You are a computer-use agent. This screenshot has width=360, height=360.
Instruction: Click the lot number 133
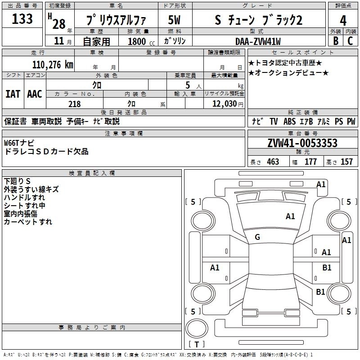click(22, 19)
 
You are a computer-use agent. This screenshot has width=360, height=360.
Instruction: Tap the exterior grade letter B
click(335, 41)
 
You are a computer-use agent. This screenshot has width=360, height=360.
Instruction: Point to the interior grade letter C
click(350, 41)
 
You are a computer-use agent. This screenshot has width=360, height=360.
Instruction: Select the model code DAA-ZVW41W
click(257, 41)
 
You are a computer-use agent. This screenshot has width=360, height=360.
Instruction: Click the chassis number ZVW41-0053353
click(302, 143)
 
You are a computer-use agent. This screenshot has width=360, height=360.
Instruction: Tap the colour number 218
click(74, 104)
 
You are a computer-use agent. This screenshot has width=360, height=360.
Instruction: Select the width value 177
click(310, 162)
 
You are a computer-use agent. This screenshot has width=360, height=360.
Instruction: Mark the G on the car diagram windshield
click(257, 237)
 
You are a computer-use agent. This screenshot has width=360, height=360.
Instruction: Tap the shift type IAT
click(13, 94)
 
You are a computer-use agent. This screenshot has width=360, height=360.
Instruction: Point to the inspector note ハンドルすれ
click(24, 198)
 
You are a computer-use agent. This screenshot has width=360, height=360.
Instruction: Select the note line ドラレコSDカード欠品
click(46, 152)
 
